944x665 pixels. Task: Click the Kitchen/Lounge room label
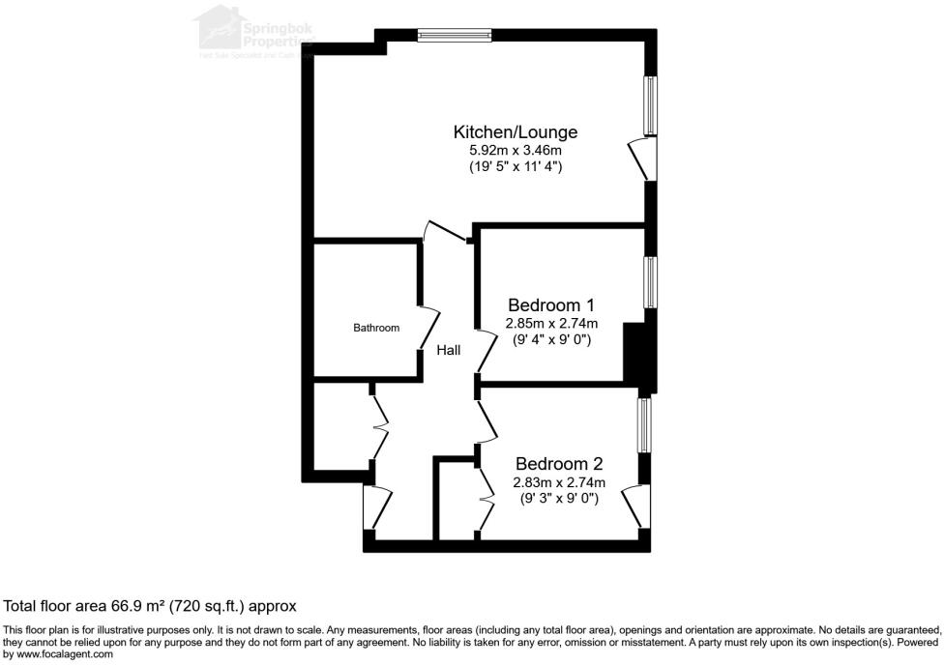point(516,131)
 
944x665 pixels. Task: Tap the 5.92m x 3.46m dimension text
point(516,150)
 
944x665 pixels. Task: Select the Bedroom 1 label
point(551,305)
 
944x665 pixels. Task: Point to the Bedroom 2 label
point(559,464)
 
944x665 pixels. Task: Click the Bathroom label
point(375,328)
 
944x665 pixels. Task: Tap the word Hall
point(448,350)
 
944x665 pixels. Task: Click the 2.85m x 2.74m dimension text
point(551,323)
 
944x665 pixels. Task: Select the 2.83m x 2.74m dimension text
point(559,482)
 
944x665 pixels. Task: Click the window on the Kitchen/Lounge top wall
point(456,37)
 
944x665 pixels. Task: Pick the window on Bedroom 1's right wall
point(652,283)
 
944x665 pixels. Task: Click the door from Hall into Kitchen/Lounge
point(447,233)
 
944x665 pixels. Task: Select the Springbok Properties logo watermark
point(253,32)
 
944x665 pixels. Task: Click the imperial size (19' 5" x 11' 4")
point(516,166)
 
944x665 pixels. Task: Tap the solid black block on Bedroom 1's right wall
point(634,354)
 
